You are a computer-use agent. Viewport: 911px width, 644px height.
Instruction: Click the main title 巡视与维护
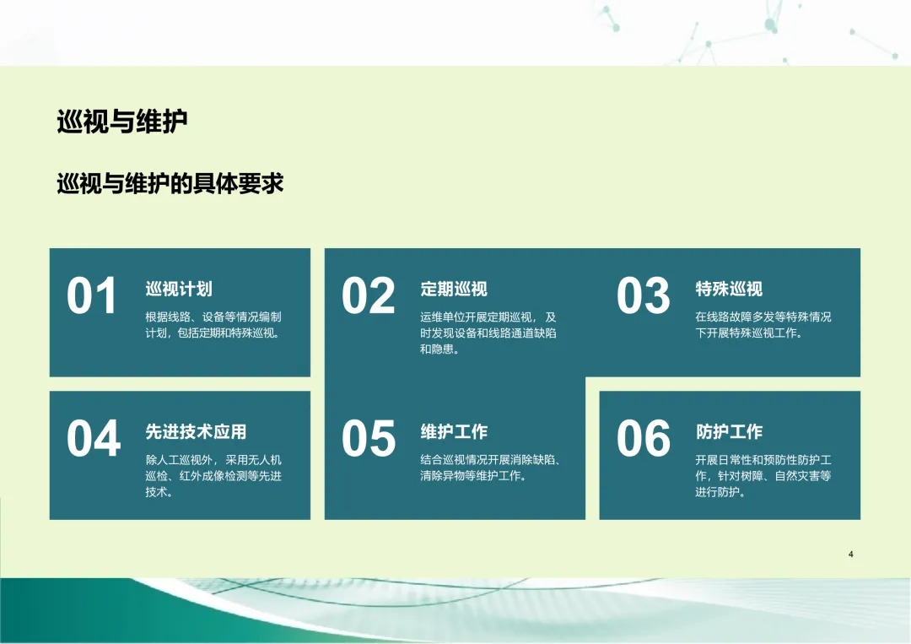click(122, 122)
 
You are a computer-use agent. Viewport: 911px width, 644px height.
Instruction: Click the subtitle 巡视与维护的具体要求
click(170, 184)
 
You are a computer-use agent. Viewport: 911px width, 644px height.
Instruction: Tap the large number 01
click(92, 296)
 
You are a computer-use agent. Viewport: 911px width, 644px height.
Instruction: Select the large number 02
click(369, 296)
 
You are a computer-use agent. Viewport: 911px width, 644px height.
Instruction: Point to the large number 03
click(643, 296)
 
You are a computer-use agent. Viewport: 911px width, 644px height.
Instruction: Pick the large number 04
click(94, 438)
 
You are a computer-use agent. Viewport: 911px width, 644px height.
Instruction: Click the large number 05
click(369, 438)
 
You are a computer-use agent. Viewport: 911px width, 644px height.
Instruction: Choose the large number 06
click(643, 438)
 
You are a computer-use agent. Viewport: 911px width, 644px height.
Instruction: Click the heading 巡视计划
click(179, 289)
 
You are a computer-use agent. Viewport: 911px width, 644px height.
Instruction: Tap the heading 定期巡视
click(454, 289)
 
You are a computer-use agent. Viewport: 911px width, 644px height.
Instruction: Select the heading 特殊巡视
click(729, 289)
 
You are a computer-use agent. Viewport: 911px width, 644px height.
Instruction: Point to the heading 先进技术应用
click(196, 432)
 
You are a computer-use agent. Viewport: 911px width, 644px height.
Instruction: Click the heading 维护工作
click(454, 432)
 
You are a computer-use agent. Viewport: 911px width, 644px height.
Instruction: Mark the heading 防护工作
click(729, 432)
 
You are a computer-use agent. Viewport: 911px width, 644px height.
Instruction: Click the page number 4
click(850, 554)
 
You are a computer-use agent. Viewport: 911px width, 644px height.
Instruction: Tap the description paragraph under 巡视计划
click(213, 325)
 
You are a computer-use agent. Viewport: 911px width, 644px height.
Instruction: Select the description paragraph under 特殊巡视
click(763, 325)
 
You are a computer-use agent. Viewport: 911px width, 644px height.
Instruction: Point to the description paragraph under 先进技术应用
click(213, 476)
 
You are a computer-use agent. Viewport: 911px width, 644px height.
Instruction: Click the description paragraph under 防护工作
click(763, 476)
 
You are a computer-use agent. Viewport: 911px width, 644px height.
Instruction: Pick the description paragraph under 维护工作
click(490, 468)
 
